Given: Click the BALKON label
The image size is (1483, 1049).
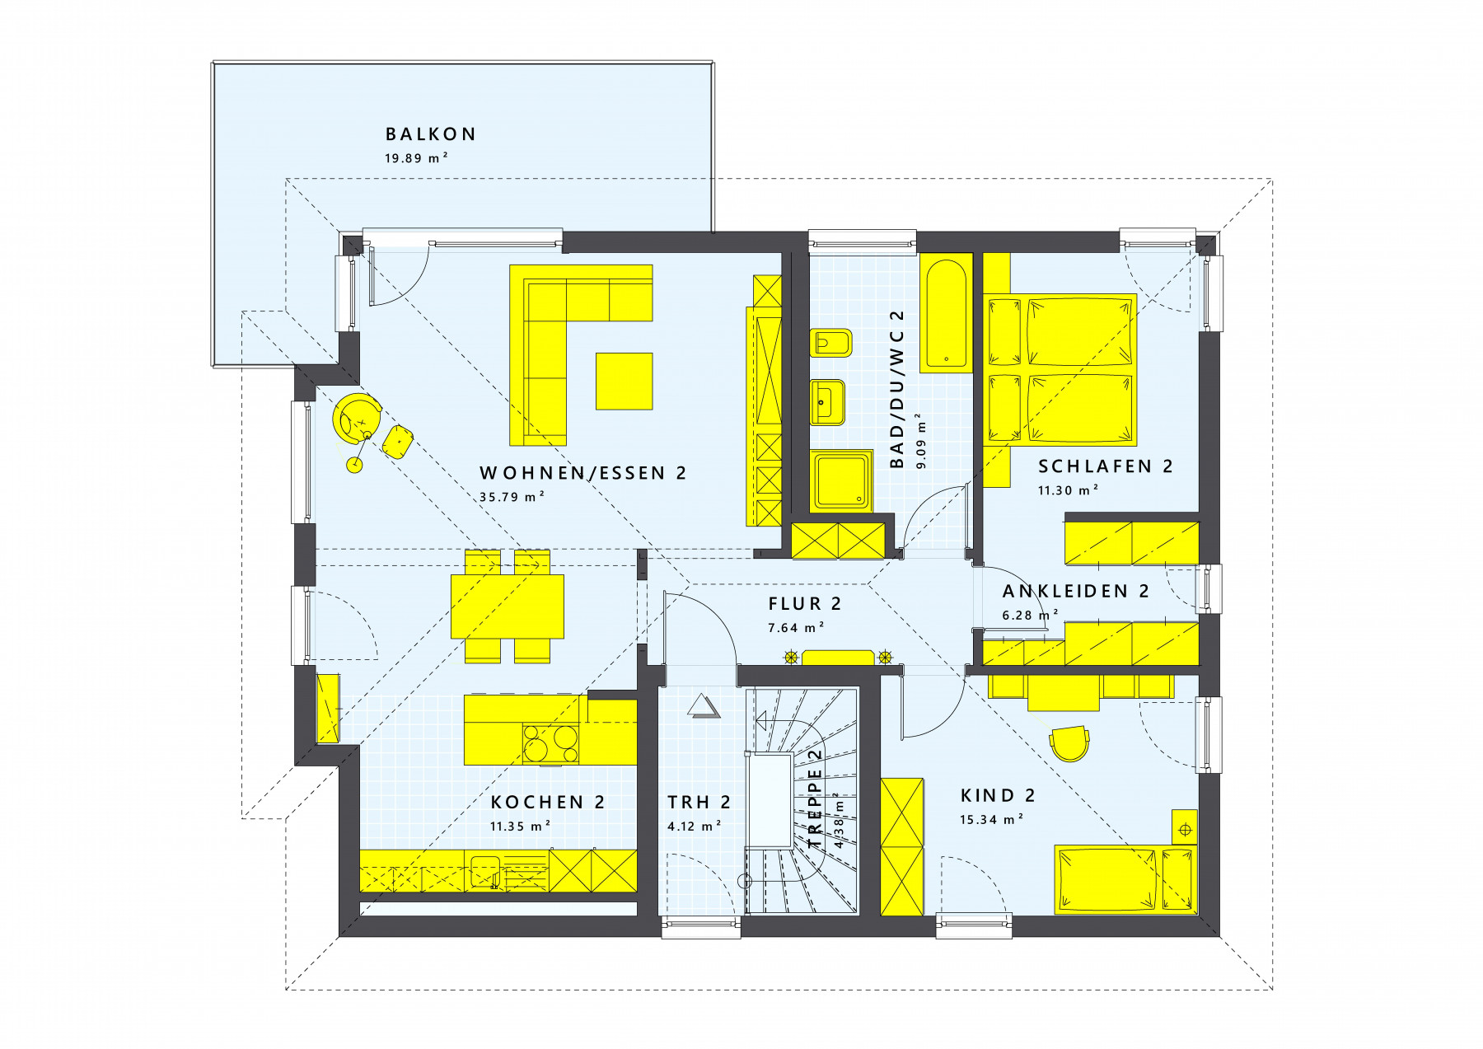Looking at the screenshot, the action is [430, 133].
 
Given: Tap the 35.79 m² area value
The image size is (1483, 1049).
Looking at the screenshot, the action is [512, 497].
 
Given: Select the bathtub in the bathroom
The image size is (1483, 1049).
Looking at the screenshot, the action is [947, 314].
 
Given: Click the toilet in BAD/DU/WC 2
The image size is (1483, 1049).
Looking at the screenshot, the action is [830, 343].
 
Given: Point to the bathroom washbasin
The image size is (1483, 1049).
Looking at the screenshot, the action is [828, 402].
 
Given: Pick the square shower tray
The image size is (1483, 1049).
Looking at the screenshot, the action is [841, 481].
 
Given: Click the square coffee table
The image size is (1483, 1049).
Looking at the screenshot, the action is [625, 381].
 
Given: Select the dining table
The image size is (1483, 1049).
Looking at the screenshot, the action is [507, 606].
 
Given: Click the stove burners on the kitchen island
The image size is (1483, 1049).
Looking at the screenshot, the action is [550, 742].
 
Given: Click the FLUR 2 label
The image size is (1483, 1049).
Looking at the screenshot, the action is [805, 604].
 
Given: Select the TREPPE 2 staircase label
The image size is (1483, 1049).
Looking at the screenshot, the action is [816, 798].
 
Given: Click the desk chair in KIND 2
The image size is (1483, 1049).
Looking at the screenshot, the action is [1069, 742].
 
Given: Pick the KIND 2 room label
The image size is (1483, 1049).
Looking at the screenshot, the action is [998, 796].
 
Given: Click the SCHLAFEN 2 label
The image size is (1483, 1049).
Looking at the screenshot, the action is [1105, 466].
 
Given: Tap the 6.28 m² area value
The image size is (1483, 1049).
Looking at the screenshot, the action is [1031, 615].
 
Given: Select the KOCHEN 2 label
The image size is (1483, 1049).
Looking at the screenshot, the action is [548, 803].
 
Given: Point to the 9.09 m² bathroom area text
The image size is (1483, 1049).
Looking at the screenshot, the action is [921, 441].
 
